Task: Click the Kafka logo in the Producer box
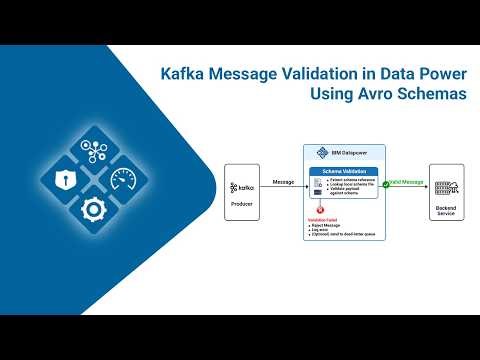tap(242, 187)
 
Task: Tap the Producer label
tap(242, 206)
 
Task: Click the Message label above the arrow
tap(283, 182)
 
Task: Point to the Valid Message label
tap(411, 182)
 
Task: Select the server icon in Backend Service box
tap(446, 187)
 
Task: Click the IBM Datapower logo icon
tap(322, 153)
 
